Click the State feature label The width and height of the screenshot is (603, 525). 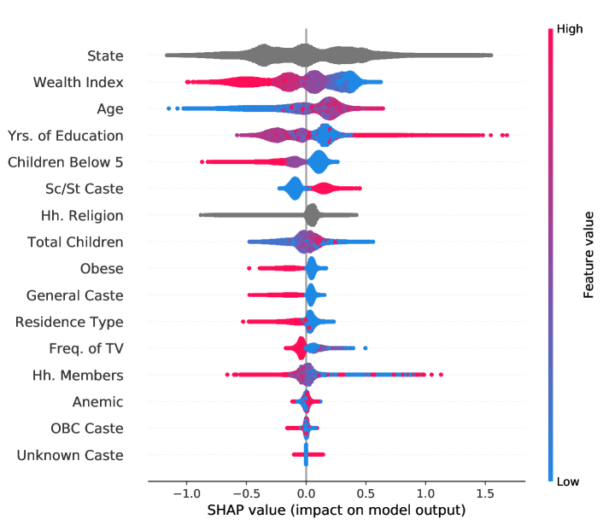point(105,56)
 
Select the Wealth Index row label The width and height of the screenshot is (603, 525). point(78,83)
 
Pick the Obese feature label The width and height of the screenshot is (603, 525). point(102,269)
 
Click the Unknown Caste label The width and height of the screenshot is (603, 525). point(70,455)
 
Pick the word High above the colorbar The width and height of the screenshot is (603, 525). point(570,29)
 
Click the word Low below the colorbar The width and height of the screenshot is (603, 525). point(568,482)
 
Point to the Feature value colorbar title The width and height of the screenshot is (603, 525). point(589,255)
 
